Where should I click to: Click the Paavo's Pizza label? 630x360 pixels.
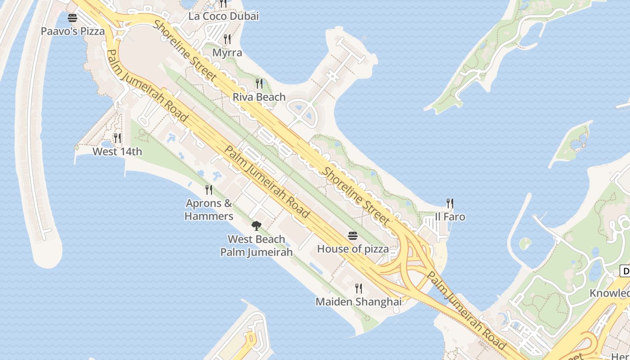coord(72,31)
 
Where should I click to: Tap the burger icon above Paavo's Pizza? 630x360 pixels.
coord(72,18)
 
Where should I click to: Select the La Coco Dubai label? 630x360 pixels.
coord(223,17)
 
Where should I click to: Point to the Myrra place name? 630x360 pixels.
coord(227,53)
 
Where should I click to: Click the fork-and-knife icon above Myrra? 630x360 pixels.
coord(227,39)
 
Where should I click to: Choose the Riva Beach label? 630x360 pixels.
coord(259,97)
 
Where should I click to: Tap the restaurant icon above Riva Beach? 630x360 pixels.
coord(259,83)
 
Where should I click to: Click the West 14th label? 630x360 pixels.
coord(117,152)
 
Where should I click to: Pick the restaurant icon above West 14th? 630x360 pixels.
coord(117,138)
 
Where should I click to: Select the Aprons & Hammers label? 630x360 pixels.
coord(209,210)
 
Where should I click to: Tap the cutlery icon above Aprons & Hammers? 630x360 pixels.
coord(209,189)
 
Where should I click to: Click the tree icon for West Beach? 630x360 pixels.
coord(256,225)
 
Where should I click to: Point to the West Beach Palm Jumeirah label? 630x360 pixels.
coord(256,246)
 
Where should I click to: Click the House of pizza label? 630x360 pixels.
coord(353,249)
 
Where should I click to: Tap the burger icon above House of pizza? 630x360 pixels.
coord(353,236)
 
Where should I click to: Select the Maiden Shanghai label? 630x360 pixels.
coord(358,301)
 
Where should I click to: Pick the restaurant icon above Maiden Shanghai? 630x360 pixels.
coord(358,288)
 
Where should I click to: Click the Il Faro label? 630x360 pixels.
coord(450,217)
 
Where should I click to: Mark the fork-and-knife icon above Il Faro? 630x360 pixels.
coord(450,203)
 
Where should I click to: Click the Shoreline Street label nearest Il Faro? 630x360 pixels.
coord(357,196)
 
